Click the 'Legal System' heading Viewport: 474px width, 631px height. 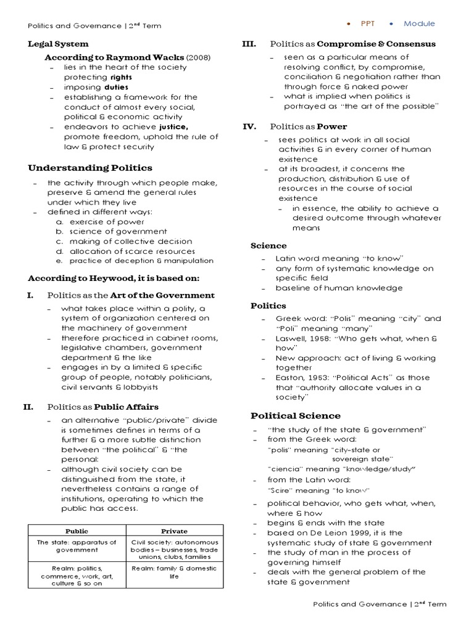click(x=58, y=44)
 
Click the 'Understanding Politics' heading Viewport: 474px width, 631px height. click(x=90, y=168)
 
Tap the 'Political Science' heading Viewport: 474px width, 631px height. click(x=295, y=415)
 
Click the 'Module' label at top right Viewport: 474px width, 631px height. click(x=419, y=24)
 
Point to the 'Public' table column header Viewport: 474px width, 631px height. click(x=77, y=530)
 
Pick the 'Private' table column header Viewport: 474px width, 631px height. click(x=174, y=530)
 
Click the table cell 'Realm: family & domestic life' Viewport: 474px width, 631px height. click(x=174, y=572)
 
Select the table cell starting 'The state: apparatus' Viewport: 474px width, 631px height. click(x=77, y=546)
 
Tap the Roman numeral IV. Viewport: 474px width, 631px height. click(x=250, y=127)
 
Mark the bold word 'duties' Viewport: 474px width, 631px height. click(x=116, y=88)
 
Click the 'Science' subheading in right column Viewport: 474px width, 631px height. click(x=268, y=245)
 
